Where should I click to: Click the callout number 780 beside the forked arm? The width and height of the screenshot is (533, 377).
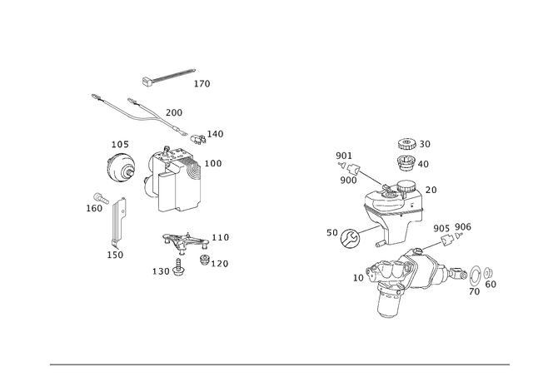point(174,111)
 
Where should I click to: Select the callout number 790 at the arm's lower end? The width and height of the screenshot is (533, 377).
point(215,132)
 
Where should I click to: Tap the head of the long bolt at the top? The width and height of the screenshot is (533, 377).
point(146,80)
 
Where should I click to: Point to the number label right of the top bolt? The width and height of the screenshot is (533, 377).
point(202,83)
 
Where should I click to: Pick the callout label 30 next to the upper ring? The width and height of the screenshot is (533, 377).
point(425,143)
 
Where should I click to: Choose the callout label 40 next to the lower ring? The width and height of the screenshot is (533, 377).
point(424,165)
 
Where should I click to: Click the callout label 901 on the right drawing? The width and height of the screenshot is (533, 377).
point(344,155)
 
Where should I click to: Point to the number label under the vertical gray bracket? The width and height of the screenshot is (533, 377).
point(117,254)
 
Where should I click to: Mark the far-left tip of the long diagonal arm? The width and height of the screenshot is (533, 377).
point(92,94)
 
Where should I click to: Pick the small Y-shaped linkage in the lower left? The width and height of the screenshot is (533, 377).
point(177,245)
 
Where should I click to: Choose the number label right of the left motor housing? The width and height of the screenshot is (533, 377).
point(216,162)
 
